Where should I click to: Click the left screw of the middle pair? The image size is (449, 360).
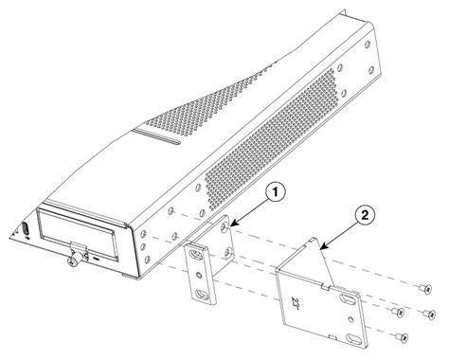398,310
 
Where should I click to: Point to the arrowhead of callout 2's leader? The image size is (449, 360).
322,247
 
